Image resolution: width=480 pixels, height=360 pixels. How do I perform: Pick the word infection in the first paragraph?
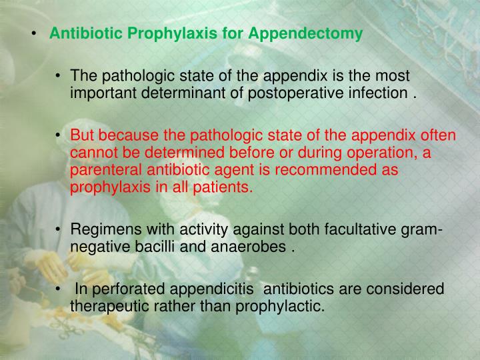point(369,92)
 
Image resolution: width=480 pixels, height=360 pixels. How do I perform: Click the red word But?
point(83,136)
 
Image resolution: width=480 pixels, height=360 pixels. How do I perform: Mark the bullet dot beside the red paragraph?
point(59,137)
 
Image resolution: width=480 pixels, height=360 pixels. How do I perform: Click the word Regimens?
point(99,231)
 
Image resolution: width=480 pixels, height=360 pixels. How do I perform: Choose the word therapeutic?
point(109,307)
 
